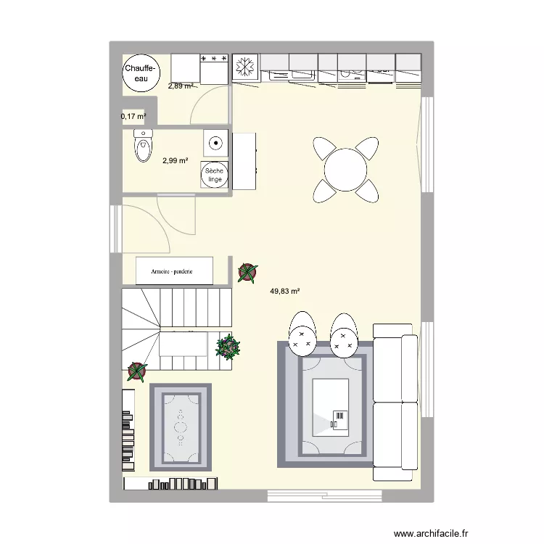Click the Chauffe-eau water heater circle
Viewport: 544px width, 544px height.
[x=138, y=73]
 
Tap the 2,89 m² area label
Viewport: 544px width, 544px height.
[x=181, y=86]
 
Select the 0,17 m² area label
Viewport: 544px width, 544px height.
[x=133, y=116]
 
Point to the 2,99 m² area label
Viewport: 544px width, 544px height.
[x=176, y=161]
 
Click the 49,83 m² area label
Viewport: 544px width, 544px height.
[x=285, y=292]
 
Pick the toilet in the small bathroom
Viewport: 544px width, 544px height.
[x=142, y=145]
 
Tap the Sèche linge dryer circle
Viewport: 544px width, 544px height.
[x=215, y=175]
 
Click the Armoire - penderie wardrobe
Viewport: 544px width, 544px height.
[x=174, y=271]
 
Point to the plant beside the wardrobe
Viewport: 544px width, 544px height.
[x=247, y=272]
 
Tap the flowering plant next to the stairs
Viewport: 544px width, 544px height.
[x=228, y=347]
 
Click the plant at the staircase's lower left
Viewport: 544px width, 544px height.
[x=136, y=371]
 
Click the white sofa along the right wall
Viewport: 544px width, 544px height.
[x=395, y=402]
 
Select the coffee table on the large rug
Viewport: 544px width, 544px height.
[x=331, y=406]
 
